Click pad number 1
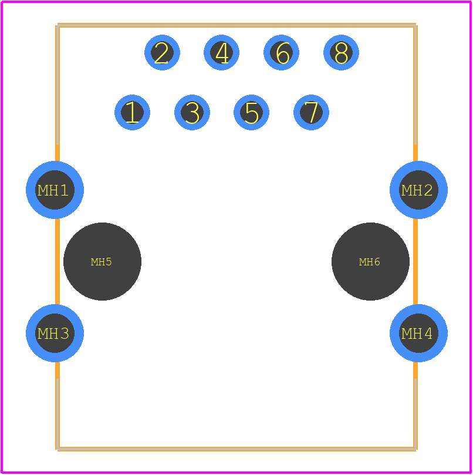click(x=132, y=112)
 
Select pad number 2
click(x=162, y=52)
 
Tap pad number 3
click(x=192, y=112)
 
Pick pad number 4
click(x=221, y=52)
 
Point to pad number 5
click(x=251, y=112)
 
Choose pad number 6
click(x=281, y=52)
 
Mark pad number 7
click(x=311, y=112)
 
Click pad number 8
click(x=341, y=52)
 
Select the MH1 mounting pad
click(x=55, y=190)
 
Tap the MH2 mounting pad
click(x=418, y=190)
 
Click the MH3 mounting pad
click(x=55, y=333)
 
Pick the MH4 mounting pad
click(x=418, y=333)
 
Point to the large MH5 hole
click(x=102, y=262)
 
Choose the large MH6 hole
click(x=370, y=262)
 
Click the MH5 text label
click(x=101, y=262)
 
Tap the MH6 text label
click(x=369, y=262)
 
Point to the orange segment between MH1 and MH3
click(x=58, y=261)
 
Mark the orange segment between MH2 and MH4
click(x=415, y=261)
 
